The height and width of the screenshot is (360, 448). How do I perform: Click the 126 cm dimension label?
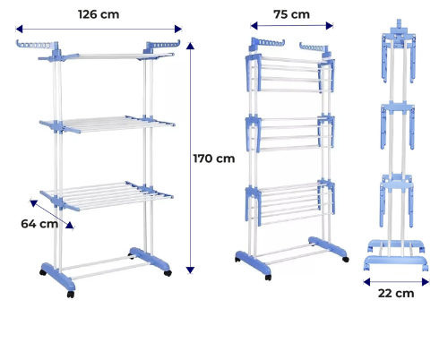click(x=99, y=14)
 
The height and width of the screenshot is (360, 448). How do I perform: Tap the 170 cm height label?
click(x=214, y=159)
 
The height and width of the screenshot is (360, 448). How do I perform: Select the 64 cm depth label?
click(x=39, y=224)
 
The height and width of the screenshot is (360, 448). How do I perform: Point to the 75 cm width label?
click(x=291, y=14)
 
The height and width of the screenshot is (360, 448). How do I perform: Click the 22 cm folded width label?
click(x=396, y=293)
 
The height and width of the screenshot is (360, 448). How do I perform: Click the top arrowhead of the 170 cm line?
click(x=190, y=46)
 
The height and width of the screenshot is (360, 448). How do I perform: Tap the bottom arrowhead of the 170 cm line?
click(x=190, y=270)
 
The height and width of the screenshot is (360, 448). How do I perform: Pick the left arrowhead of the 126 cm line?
click(x=19, y=29)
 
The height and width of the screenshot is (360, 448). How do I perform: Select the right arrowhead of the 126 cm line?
click(x=178, y=29)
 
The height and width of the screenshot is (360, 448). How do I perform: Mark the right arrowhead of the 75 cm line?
click(x=330, y=26)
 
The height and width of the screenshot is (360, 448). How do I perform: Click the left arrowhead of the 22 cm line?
click(x=367, y=281)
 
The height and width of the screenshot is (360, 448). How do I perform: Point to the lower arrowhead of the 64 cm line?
click(x=70, y=226)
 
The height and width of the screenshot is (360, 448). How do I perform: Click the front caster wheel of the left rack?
click(x=71, y=295)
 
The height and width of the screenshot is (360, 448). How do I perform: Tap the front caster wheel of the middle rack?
click(x=268, y=278)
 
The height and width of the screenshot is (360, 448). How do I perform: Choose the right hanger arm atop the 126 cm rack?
click(x=162, y=46)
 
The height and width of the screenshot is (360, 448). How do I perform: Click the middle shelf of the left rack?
click(x=107, y=124)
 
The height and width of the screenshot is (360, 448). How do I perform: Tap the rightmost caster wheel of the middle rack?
click(x=346, y=260)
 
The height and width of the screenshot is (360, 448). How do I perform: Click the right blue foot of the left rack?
click(x=150, y=259)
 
